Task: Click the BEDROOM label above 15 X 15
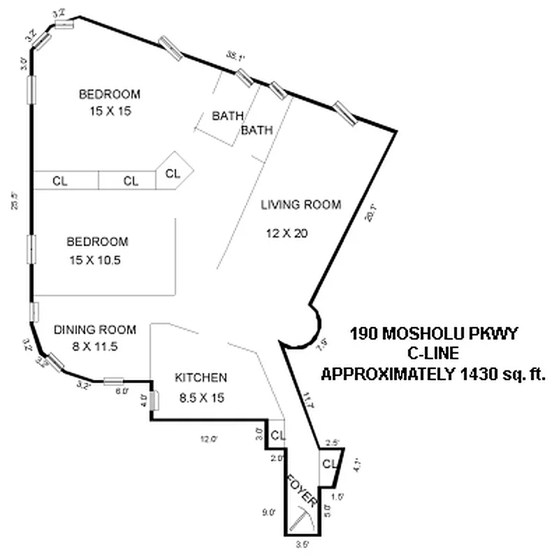point(109,94)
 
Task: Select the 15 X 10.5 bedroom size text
point(97,260)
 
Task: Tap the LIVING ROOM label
point(301,205)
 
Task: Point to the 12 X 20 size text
point(286,233)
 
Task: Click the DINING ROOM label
point(95,330)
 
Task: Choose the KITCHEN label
point(201,378)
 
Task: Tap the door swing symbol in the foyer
point(304,519)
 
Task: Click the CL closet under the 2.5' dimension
point(327,464)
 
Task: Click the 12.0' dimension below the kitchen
point(208,440)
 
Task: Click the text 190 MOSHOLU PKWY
point(433,333)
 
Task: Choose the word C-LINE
point(433,354)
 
